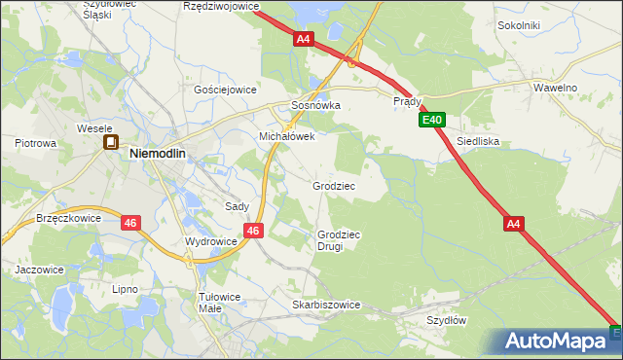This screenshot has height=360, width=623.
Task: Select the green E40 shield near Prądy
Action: (x=433, y=121)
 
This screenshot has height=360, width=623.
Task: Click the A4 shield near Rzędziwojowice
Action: (x=304, y=39)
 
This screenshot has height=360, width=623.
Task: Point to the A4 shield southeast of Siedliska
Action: (x=515, y=224)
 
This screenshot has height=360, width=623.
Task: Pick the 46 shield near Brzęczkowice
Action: (x=130, y=223)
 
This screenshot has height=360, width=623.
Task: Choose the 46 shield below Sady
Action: (x=253, y=231)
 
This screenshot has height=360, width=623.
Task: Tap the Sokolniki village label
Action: (x=519, y=25)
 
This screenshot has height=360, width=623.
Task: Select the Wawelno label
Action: (x=556, y=88)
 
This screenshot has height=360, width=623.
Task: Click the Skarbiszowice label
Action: (x=326, y=305)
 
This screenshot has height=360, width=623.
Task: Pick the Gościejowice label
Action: (x=225, y=89)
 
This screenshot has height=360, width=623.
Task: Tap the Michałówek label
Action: (x=286, y=137)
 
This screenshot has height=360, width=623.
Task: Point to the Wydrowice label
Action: (x=211, y=241)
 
